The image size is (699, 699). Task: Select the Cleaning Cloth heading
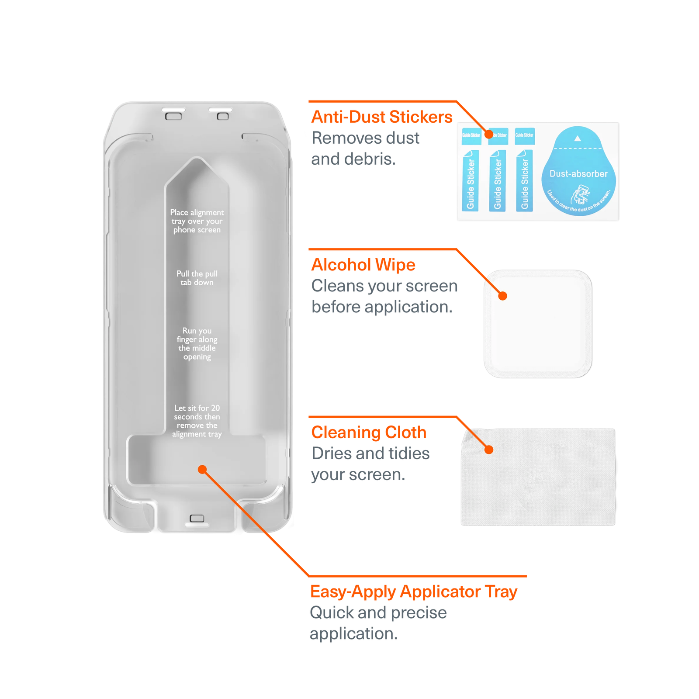click(369, 432)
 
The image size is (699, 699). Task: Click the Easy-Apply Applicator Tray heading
click(413, 592)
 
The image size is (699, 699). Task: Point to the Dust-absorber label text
click(578, 174)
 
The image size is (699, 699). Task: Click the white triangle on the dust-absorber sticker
click(578, 138)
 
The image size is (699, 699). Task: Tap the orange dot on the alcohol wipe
click(503, 296)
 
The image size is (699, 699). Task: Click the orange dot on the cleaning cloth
click(489, 450)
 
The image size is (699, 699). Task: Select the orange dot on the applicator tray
click(202, 470)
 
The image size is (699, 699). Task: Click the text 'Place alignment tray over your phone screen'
click(197, 221)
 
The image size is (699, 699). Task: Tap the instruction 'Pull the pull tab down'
click(197, 278)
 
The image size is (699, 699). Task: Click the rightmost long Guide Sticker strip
click(525, 180)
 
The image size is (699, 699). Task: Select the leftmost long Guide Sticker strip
click(471, 180)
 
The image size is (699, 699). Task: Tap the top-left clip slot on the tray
click(173, 114)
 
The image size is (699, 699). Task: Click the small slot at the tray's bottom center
click(197, 519)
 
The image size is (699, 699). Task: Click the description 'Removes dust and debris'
click(364, 149)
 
